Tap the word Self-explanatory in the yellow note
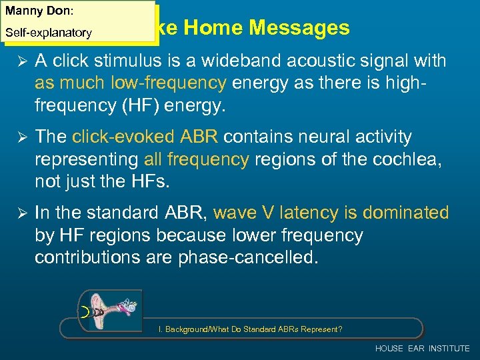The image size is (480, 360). (49, 32)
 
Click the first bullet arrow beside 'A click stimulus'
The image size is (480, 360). (19, 61)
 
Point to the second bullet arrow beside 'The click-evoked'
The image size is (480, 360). (19, 137)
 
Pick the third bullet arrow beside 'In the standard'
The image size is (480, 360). (19, 213)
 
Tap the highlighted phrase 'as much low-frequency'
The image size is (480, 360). (131, 83)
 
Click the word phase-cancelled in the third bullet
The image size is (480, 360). (248, 257)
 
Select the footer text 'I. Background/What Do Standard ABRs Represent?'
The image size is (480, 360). (250, 329)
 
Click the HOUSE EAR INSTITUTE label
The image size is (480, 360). (422, 349)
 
